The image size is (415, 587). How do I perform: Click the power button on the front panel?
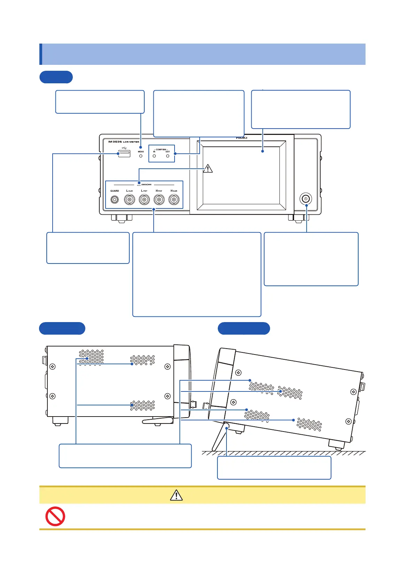[306, 199]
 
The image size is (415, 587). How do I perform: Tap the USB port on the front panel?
[124, 154]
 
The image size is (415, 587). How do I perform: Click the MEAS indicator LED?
[141, 156]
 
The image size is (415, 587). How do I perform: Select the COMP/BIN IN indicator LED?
[154, 156]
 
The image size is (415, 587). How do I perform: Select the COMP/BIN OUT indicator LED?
[168, 156]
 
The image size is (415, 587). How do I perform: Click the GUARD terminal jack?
[115, 200]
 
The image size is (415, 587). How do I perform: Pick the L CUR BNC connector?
[130, 200]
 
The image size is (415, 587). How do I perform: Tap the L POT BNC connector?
[144, 200]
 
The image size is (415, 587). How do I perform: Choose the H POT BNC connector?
[159, 200]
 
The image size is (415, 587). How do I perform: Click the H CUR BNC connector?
[174, 200]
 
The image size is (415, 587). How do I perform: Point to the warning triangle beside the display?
[208, 169]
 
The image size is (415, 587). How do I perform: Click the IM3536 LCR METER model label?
[123, 142]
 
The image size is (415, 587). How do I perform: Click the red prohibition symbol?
[55, 516]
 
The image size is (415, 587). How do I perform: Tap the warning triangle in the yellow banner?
[176, 495]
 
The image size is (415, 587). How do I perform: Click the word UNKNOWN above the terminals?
[146, 184]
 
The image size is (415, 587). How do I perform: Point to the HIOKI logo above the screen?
[241, 138]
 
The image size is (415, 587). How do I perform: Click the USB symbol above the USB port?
[124, 148]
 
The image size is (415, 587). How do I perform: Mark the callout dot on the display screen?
[263, 151]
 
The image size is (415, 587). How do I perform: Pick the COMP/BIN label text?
[161, 150]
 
